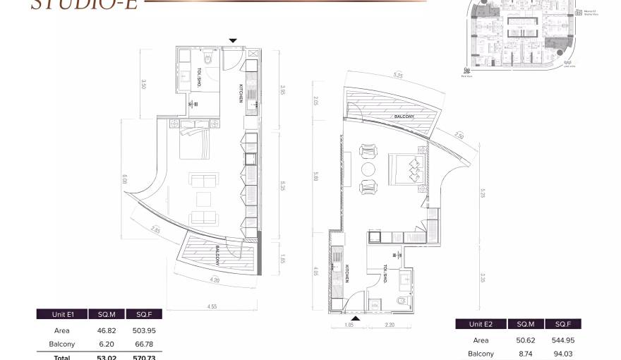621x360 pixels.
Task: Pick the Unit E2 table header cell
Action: coord(478,324)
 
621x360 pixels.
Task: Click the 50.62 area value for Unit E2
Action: coord(526,339)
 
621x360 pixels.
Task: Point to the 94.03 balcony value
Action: coord(562,354)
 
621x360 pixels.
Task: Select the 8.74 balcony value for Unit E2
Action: coord(526,354)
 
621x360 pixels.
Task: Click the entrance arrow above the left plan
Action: coord(234,41)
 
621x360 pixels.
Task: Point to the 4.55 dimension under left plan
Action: coord(212,306)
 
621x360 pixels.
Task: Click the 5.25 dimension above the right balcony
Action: coord(397,75)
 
